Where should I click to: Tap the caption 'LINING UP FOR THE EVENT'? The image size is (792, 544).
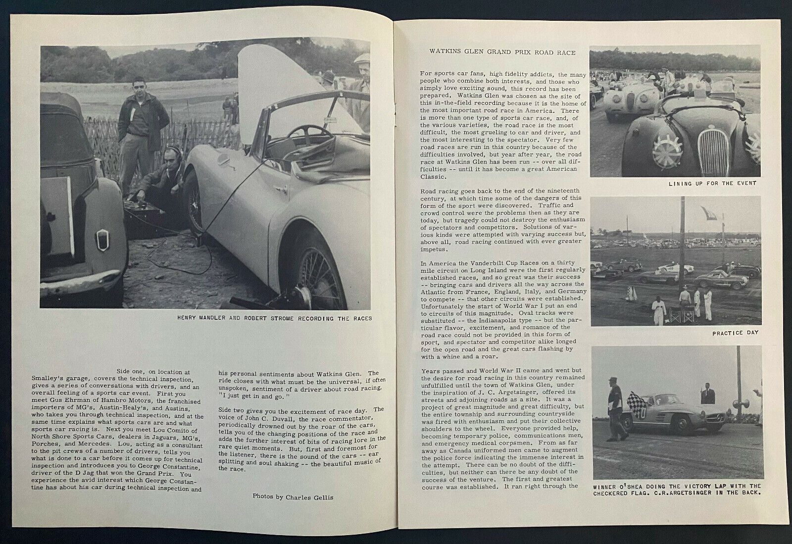tap(712, 183)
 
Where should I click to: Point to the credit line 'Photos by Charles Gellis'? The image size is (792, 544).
tap(293, 496)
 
